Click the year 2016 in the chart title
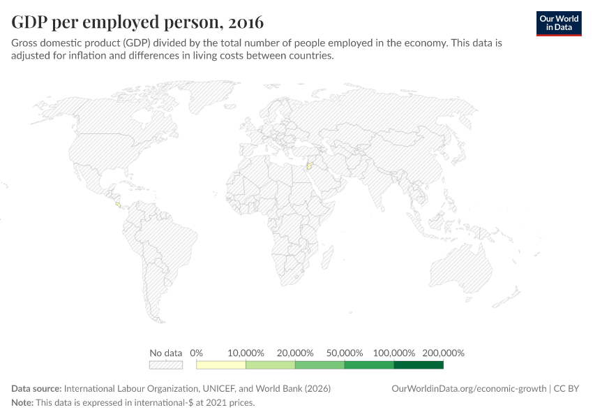pos(244,22)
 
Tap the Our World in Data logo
pos(558,23)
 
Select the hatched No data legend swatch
pos(165,365)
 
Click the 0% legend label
pos(196,353)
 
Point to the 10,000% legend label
pos(246,353)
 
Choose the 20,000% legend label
pos(295,353)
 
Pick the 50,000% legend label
pos(345,353)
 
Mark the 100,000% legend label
pos(393,353)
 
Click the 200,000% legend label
pos(443,353)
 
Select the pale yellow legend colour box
pos(221,365)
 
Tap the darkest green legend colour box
pos(419,365)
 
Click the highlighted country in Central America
pos(118,205)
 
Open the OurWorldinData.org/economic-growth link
pos(470,388)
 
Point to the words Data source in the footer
pos(36,388)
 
